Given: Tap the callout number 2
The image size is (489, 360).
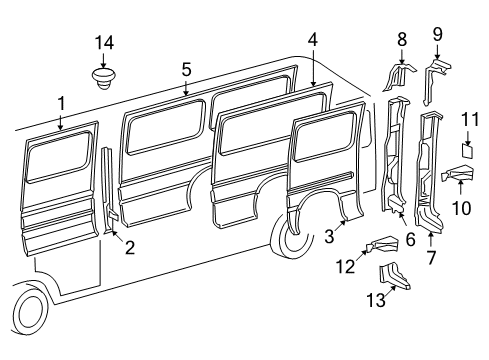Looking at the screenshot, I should coord(129,248).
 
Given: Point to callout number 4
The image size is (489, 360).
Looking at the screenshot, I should coord(313,40).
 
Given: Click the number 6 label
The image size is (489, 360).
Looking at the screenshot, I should coord(408,240).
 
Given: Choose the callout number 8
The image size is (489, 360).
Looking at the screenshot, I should coord(402,40).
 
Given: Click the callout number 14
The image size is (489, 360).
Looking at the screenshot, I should coord(105,42).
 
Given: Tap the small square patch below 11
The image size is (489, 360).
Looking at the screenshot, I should coord(465,151).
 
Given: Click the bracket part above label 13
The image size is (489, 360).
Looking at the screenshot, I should coord(391,274).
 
